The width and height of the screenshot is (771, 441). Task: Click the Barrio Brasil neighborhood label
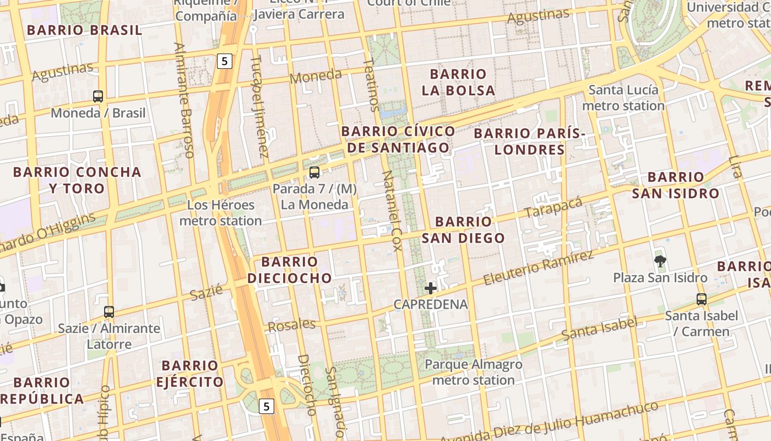[x=84, y=30]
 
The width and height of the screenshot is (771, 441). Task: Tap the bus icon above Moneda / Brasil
[x=98, y=96]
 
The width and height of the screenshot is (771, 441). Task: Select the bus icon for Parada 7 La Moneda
[x=314, y=172]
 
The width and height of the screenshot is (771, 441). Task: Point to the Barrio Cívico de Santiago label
[x=398, y=139]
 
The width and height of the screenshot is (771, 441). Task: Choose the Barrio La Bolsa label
[x=458, y=82]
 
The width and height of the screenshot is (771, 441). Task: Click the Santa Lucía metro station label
[x=623, y=98]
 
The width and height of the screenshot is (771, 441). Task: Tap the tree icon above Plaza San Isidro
[x=660, y=261]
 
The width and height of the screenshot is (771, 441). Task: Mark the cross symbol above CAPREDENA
[x=431, y=288]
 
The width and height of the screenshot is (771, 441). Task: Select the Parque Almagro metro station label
[x=474, y=372]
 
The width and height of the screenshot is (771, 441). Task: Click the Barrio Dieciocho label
[x=290, y=270]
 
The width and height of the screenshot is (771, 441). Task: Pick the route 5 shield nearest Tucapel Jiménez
[x=224, y=61]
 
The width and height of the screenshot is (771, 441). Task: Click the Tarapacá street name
[x=553, y=208]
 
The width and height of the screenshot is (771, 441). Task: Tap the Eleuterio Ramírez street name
[x=539, y=267]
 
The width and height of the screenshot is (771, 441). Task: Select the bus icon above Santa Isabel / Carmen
[x=701, y=299]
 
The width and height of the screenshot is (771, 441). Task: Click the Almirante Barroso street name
[x=184, y=100]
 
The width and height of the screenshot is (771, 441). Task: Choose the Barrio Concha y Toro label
[x=77, y=180]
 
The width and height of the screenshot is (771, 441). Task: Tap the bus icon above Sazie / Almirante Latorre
[x=109, y=312]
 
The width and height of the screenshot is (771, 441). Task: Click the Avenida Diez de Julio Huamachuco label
[x=549, y=422]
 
